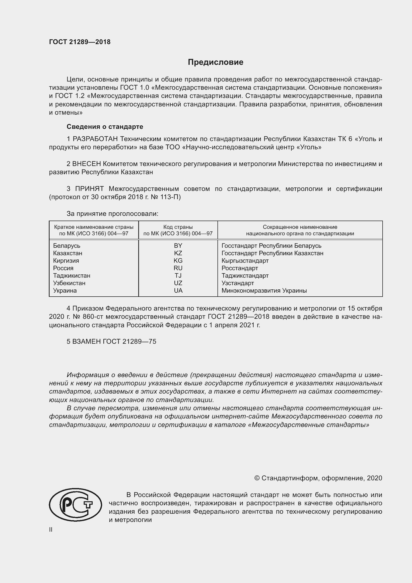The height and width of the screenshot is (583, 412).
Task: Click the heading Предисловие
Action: click(x=215, y=62)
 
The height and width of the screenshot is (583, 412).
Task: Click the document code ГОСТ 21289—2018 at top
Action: click(x=80, y=42)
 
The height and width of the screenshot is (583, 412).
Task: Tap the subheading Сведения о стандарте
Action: click(x=105, y=126)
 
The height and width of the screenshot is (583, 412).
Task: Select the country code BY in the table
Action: click(x=178, y=246)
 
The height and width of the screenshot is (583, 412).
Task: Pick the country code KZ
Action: click(x=178, y=253)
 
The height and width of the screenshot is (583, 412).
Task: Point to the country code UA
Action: click(x=178, y=290)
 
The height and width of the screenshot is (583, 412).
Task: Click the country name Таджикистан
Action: click(x=71, y=275)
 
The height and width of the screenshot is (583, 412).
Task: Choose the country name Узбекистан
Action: click(x=69, y=283)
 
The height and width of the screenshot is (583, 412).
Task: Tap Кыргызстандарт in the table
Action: click(x=245, y=260)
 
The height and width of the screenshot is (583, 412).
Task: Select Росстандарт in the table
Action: click(x=239, y=268)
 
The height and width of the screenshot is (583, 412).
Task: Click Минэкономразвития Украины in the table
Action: click(x=264, y=290)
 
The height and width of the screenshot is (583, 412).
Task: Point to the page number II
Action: click(x=51, y=529)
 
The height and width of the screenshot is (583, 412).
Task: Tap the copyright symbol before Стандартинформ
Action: click(x=257, y=478)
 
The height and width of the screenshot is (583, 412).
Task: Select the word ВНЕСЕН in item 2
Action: click(x=86, y=164)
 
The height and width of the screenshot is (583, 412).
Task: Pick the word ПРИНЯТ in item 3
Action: click(x=89, y=189)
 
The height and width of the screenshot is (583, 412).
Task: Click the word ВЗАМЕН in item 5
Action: click(x=87, y=341)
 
